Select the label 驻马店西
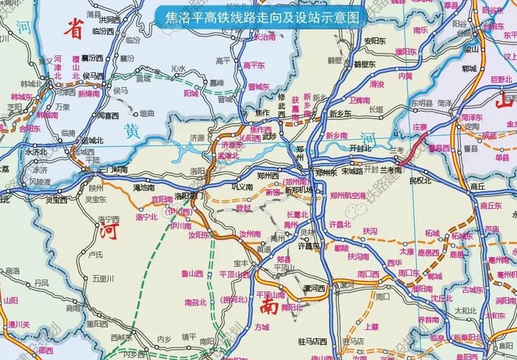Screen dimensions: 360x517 point(312,341)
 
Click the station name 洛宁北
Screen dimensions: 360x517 point(147,217)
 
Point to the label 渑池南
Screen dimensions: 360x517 point(143,188)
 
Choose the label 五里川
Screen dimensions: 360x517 point(104,278)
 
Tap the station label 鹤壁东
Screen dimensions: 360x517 point(365,64)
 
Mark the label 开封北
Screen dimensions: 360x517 point(360,148)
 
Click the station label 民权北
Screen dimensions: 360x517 point(419,180)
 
